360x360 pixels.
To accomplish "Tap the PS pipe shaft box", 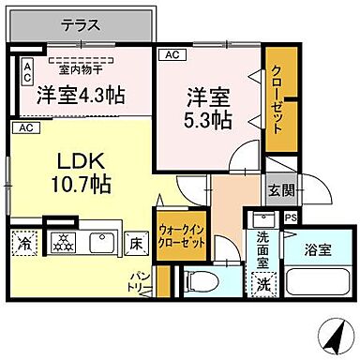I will [291, 219].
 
